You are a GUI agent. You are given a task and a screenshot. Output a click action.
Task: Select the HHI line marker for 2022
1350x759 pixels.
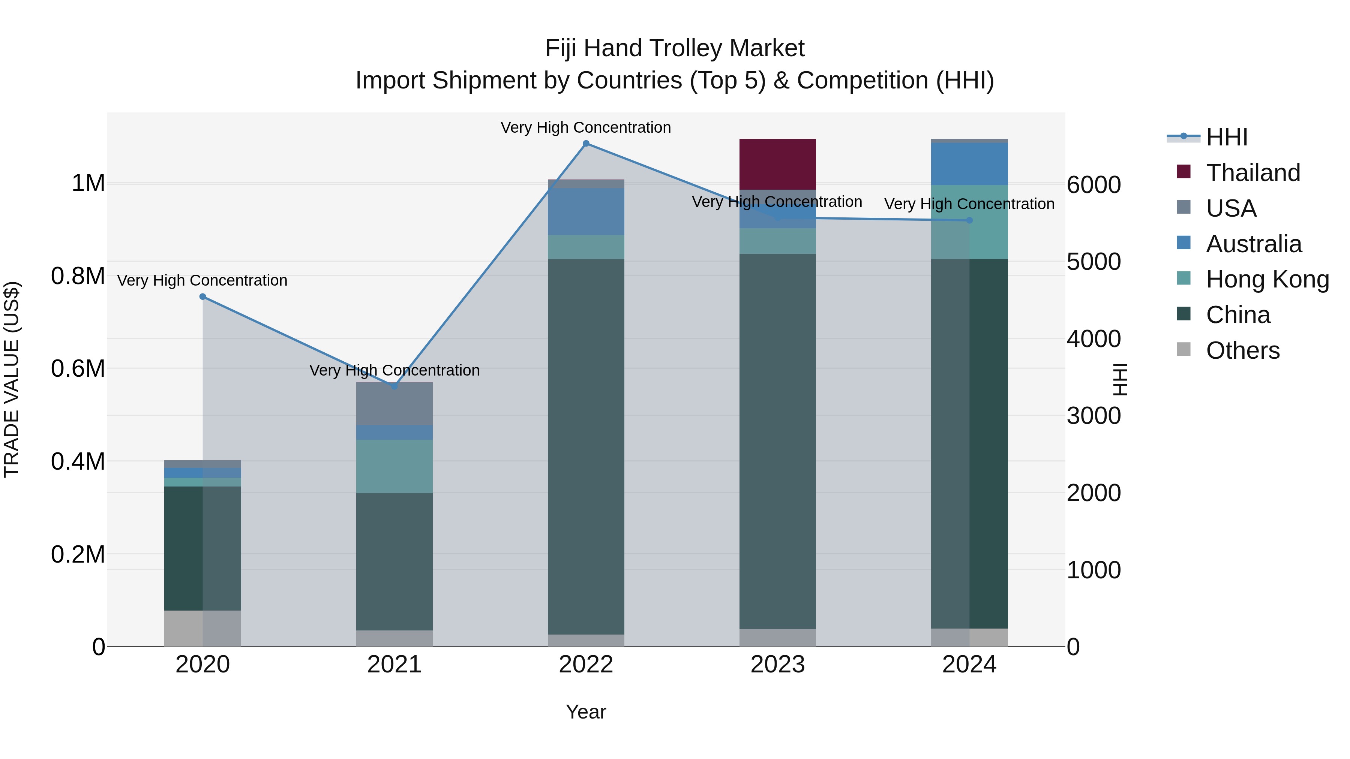tap(586, 144)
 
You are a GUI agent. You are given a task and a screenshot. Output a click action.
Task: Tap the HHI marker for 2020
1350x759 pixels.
tap(203, 297)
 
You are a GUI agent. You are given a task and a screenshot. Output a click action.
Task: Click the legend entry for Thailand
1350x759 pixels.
tap(1252, 173)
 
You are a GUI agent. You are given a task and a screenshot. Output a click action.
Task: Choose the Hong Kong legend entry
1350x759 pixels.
tap(1267, 279)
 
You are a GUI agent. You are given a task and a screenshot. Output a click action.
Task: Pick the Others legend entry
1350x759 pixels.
tap(1242, 350)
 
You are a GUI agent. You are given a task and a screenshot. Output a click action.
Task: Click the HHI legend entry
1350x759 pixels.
tap(1226, 137)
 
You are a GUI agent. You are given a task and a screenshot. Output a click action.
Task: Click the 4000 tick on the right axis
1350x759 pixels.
tap(1093, 339)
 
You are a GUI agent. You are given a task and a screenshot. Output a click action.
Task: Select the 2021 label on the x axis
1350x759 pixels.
tap(394, 665)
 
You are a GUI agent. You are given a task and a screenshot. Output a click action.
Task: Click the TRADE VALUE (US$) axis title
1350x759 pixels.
tap(12, 379)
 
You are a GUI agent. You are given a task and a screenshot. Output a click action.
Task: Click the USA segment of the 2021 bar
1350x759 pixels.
tap(394, 404)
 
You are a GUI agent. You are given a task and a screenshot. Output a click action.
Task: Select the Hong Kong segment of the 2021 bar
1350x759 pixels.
tap(394, 466)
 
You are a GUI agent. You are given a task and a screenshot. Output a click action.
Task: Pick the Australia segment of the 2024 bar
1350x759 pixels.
tap(969, 164)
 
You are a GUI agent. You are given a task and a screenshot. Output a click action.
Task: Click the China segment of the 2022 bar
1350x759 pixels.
tap(586, 446)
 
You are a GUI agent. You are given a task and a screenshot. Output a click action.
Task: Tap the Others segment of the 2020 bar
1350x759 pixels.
tap(203, 628)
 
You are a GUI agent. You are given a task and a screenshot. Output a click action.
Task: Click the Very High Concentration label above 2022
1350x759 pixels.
tap(585, 127)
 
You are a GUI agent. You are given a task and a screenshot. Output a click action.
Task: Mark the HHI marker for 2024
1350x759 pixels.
tap(969, 220)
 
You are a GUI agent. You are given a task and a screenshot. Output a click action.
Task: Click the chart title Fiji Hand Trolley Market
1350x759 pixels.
tap(675, 48)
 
